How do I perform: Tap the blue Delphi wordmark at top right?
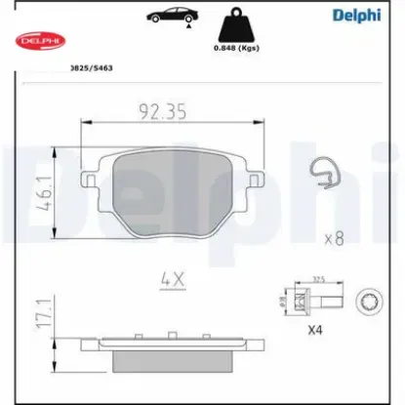pos(363,15)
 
